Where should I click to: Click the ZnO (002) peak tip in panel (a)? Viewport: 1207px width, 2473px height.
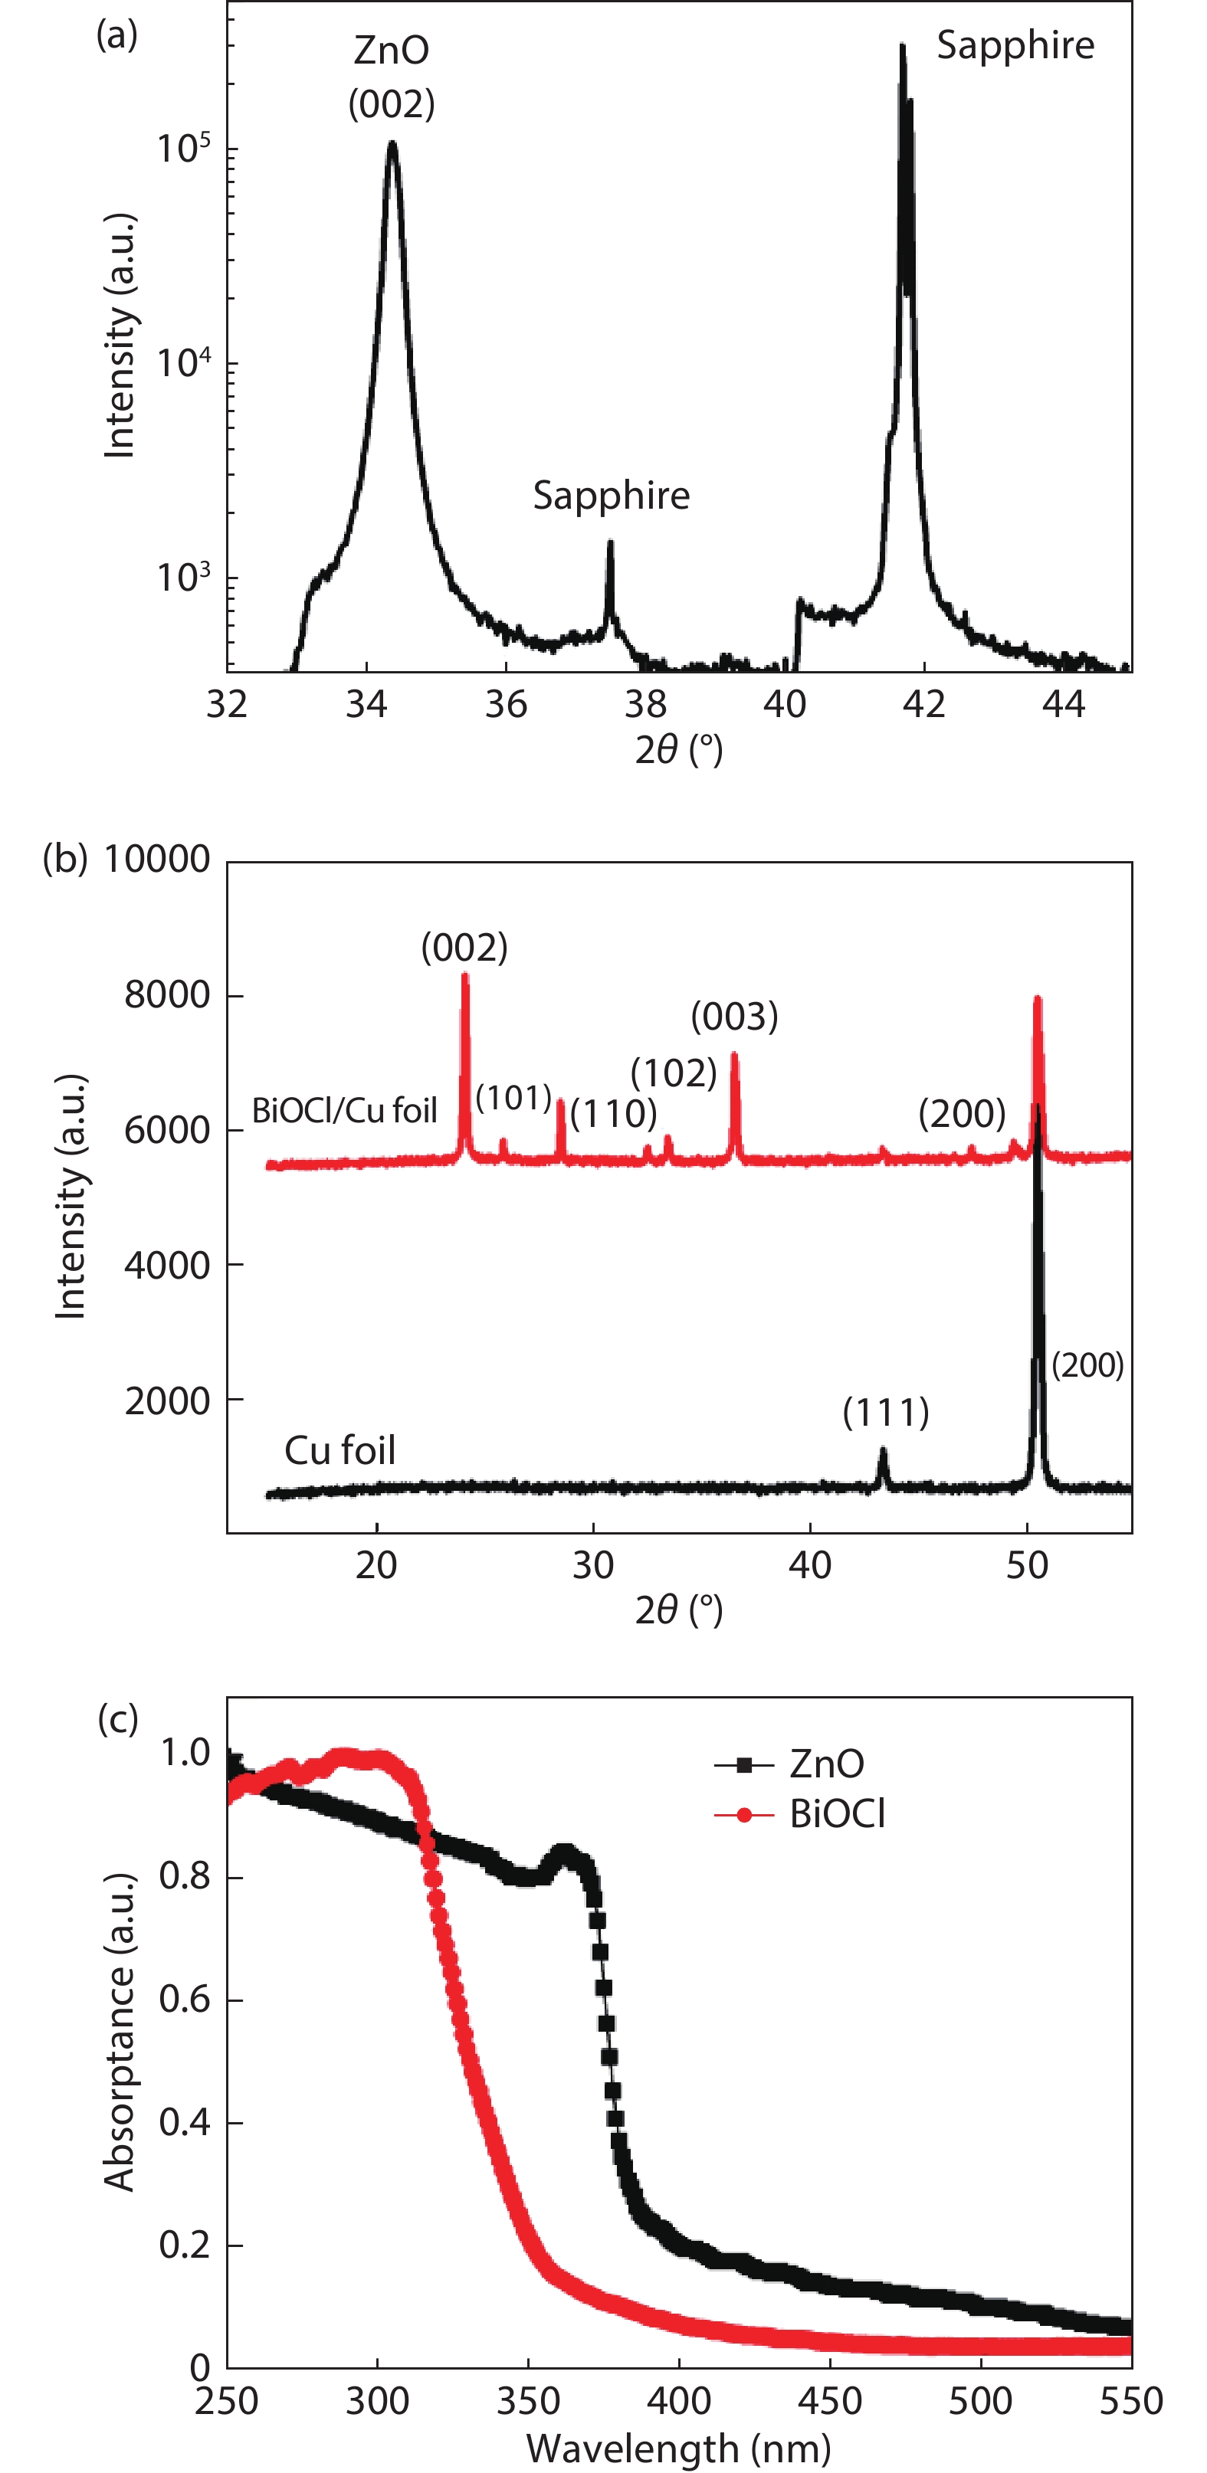[x=392, y=144]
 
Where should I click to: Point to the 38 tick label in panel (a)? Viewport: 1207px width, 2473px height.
[x=645, y=705]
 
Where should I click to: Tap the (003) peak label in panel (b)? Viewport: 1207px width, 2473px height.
[x=735, y=1016]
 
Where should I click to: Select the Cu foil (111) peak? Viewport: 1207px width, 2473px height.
[x=884, y=1452]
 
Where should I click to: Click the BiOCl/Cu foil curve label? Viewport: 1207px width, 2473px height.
[x=344, y=1111]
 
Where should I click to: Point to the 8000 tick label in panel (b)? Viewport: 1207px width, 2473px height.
[x=167, y=995]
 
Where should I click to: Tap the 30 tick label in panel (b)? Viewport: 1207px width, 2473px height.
[x=592, y=1566]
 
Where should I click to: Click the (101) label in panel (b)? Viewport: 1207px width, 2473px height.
[x=513, y=1097]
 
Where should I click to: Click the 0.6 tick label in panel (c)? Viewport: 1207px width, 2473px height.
[x=185, y=2000]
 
